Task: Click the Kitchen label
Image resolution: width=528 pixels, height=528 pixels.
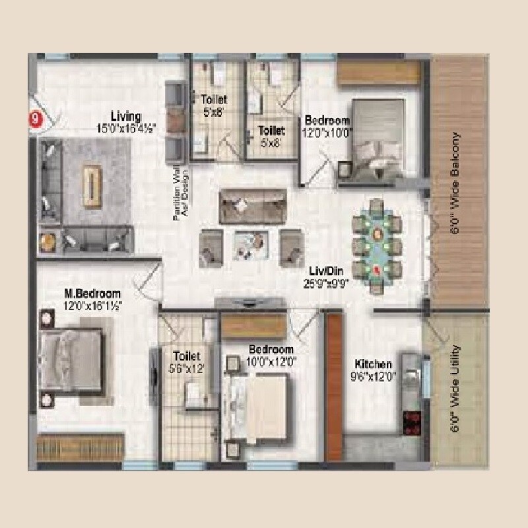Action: click(x=374, y=364)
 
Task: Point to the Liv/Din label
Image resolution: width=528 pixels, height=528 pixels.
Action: click(x=325, y=271)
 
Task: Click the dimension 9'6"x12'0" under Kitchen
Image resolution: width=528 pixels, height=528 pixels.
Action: click(x=374, y=376)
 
